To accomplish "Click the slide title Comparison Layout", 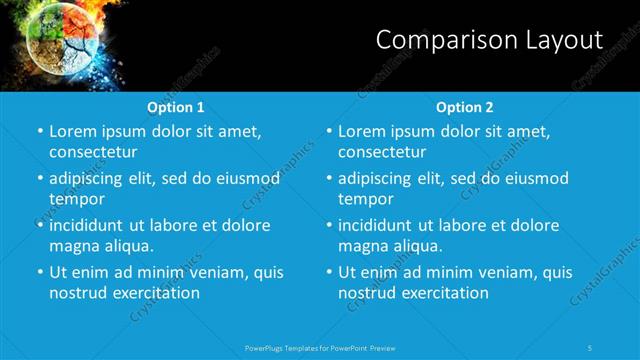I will [489, 40].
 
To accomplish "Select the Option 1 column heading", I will [176, 107].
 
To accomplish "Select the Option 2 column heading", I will [465, 107].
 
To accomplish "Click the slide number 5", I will [591, 347].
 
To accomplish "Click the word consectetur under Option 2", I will [382, 152].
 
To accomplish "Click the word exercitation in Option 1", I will [154, 293].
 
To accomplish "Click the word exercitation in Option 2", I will [443, 293].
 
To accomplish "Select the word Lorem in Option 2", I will [362, 132].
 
